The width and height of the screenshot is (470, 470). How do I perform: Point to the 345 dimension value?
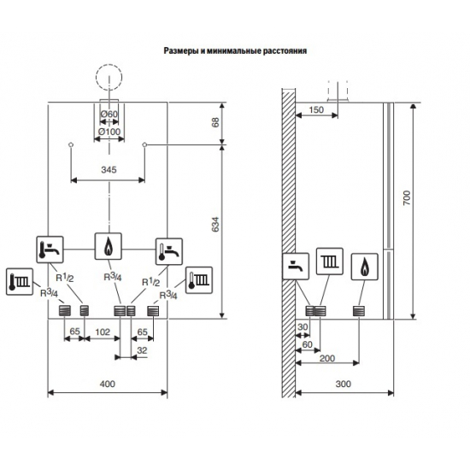click(108, 171)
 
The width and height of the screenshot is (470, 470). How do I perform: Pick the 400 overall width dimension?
click(107, 385)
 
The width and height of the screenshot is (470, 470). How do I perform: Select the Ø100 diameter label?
click(109, 132)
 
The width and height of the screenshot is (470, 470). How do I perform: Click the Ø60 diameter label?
click(109, 115)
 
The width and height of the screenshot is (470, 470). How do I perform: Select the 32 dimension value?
click(140, 350)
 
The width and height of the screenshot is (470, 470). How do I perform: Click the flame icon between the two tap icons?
click(109, 248)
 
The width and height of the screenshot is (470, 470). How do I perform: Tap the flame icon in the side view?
click(366, 266)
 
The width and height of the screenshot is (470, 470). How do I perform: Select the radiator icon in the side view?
click(330, 261)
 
